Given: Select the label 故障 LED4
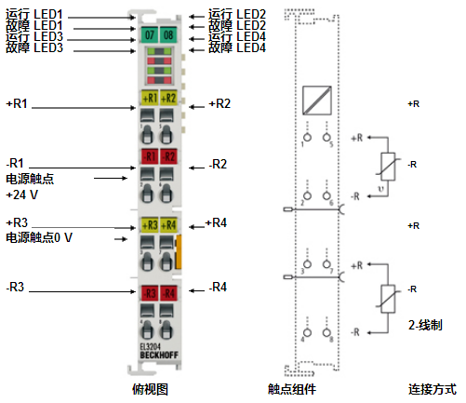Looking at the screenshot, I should click(236, 47).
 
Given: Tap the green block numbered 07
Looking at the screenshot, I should click(148, 34).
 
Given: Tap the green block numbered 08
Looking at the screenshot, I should click(168, 34).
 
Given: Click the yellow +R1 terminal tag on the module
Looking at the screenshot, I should click(149, 97).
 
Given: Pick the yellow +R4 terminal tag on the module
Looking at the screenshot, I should click(168, 224).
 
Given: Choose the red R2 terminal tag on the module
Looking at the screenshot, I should click(168, 156).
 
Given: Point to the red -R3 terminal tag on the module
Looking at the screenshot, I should click(149, 293).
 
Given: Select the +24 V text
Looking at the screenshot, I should click(22, 195).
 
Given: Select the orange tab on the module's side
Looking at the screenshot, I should click(180, 250).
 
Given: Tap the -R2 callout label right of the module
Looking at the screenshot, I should click(217, 166).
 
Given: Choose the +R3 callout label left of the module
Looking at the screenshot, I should click(18, 222).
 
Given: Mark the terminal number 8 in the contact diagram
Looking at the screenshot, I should click(328, 340).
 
